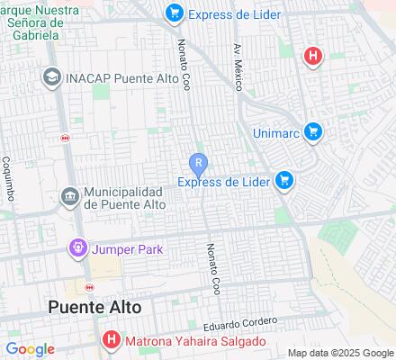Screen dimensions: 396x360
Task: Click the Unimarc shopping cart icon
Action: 313,131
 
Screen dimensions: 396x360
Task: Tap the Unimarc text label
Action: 277,131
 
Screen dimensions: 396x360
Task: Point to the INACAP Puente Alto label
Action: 115,77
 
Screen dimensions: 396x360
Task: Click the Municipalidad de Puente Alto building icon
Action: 69,196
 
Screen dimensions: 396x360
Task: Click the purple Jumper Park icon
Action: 78,247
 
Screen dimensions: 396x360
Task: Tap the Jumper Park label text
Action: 126,248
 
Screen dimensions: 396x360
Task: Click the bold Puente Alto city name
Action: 94,306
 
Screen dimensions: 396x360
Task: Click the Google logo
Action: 30,349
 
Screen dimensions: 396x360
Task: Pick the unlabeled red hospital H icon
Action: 312,56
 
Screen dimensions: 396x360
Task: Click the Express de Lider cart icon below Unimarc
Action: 285,181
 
